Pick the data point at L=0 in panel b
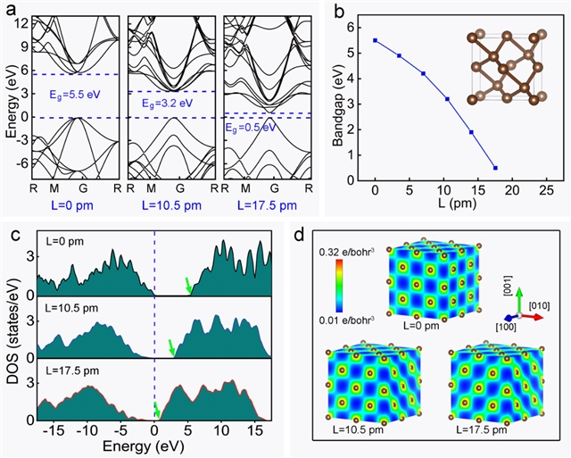(375, 40)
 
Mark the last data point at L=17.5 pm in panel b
(495, 168)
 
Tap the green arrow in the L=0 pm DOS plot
(188, 285)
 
